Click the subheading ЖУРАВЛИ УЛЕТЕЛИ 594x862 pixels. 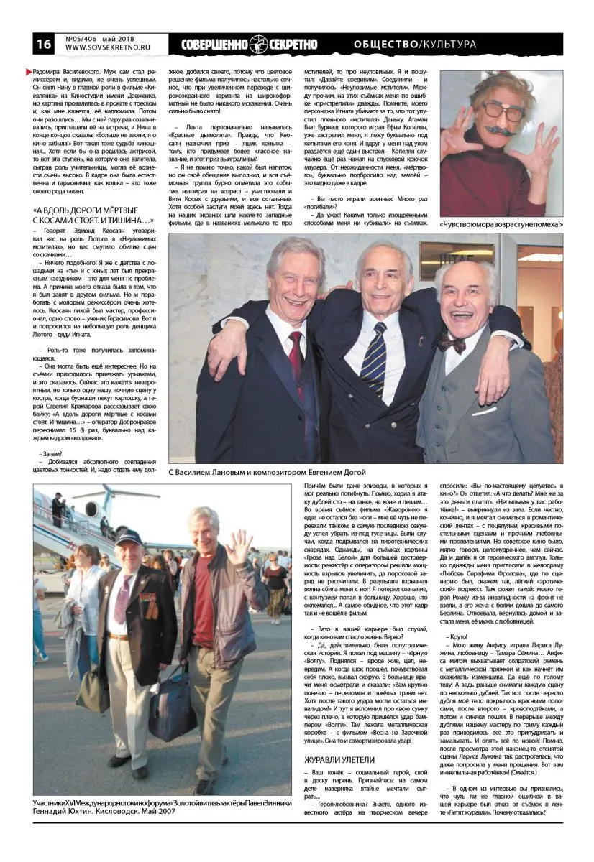tap(339, 759)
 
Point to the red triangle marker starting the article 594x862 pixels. tap(29, 72)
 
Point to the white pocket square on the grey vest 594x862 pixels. tap(484, 411)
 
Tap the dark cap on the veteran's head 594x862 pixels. tap(129, 537)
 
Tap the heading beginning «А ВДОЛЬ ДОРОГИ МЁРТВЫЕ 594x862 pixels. tap(93, 215)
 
